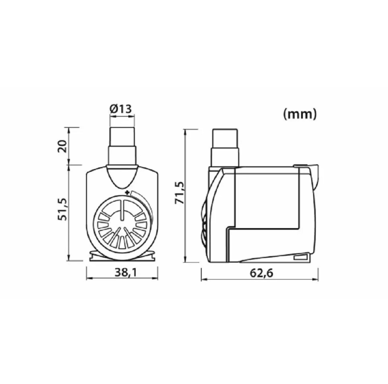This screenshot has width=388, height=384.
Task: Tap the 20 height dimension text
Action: [63, 146]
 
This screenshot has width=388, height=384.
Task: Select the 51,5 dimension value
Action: [63, 209]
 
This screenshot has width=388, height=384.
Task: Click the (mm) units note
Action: [300, 114]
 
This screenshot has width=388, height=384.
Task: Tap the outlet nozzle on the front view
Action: [123, 146]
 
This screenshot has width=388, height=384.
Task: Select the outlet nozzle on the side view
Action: [226, 148]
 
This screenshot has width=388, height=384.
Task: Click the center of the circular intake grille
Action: [122, 225]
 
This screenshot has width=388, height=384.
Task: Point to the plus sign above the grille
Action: [127, 191]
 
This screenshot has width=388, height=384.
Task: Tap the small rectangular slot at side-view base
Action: [302, 257]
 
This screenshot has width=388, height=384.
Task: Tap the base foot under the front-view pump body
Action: [122, 257]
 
